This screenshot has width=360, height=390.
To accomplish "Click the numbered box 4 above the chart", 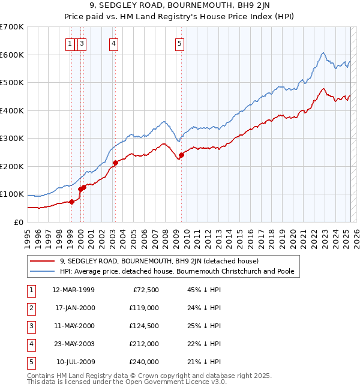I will coord(113,43).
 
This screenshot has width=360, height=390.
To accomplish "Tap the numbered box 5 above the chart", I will coord(180,43).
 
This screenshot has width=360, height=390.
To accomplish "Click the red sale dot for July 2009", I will coord(181,155).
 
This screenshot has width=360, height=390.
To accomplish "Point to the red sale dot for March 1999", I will coord(71,202).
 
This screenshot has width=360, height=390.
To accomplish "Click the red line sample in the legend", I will coord(41,261).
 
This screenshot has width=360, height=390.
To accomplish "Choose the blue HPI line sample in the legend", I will coord(41,271).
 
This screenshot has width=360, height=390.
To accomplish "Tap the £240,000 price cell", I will coord(144,362).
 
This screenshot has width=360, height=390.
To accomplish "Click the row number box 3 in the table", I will coord(30,326).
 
